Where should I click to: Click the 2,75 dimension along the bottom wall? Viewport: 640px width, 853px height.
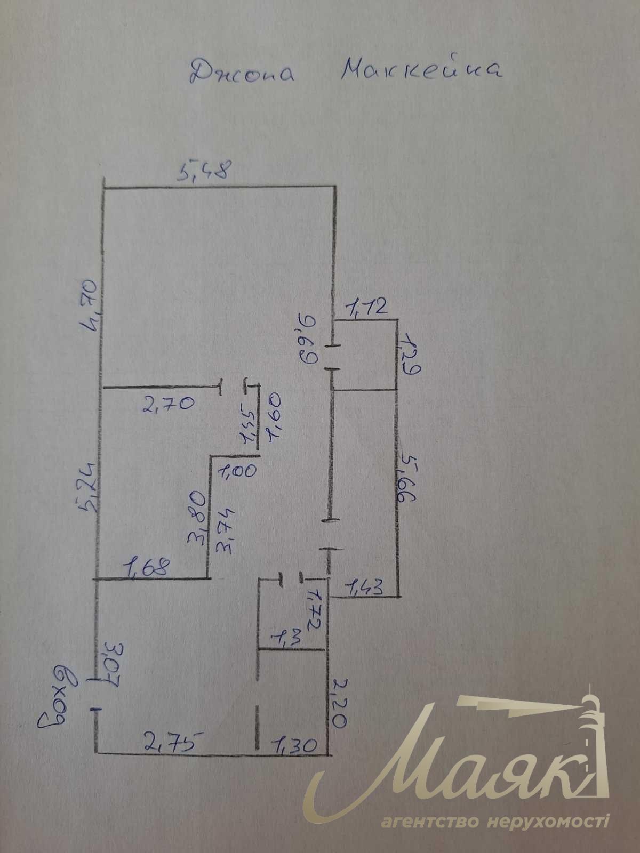(x=172, y=741)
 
